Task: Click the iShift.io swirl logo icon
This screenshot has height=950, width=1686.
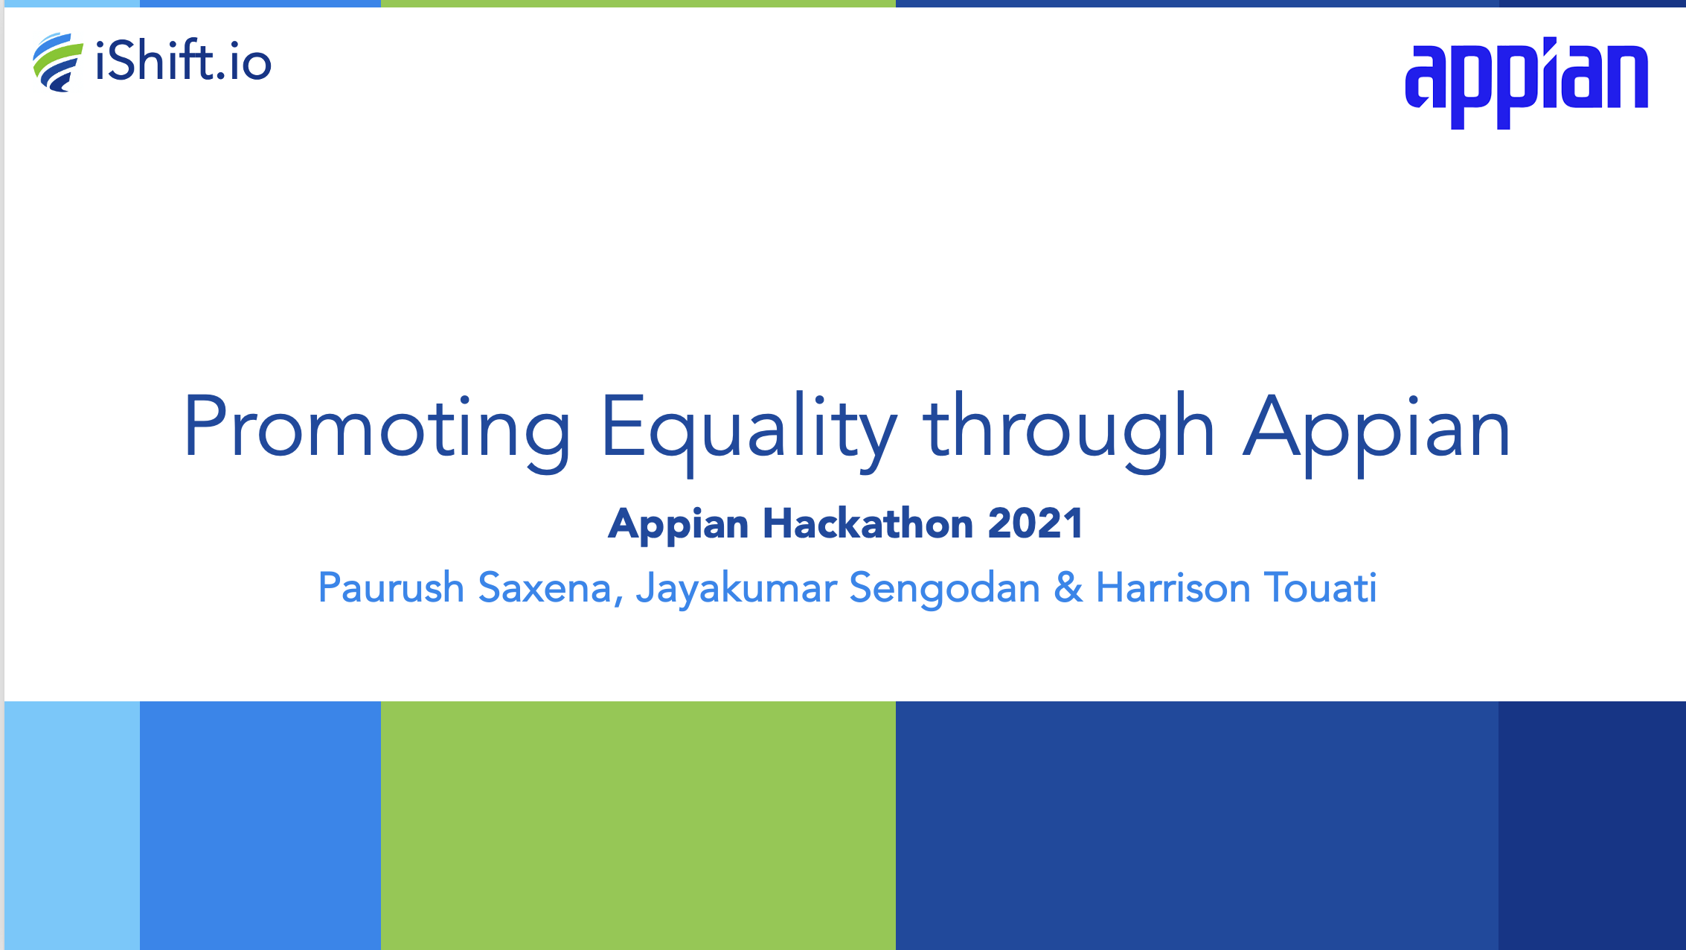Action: (57, 63)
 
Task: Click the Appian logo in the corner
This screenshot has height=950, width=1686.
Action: (1526, 83)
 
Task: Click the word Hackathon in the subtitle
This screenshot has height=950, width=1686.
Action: (868, 523)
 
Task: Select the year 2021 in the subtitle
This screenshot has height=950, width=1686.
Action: (1035, 523)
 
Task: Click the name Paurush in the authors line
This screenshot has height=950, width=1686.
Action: (391, 587)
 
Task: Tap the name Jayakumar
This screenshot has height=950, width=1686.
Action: (737, 588)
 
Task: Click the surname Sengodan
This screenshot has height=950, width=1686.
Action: (945, 588)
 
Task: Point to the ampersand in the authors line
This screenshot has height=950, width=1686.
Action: (1068, 587)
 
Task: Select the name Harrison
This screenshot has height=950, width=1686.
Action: (1173, 587)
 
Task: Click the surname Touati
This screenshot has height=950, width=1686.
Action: (1321, 587)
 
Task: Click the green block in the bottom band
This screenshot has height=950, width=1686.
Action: (638, 826)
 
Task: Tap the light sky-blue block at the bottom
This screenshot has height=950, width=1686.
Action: (72, 826)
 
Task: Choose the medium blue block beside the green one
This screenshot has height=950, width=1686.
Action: (260, 826)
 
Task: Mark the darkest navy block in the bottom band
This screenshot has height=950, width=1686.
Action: (1592, 826)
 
